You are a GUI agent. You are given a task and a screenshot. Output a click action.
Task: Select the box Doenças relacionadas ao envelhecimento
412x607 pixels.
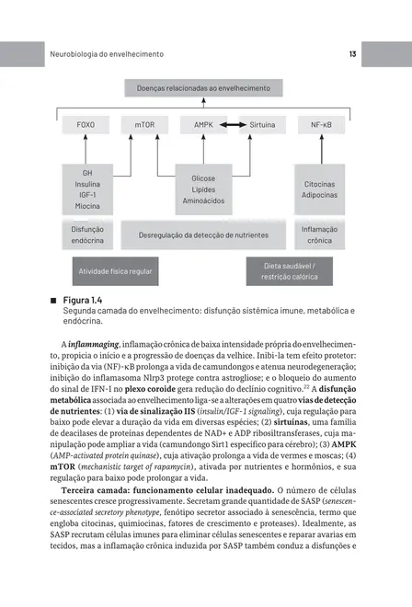click(203, 88)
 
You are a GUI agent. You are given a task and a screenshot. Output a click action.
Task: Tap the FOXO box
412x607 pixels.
click(87, 123)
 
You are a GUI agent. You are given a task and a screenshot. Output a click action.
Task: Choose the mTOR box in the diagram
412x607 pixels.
click(145, 123)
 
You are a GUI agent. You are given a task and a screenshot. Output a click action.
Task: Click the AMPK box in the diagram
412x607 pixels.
click(203, 123)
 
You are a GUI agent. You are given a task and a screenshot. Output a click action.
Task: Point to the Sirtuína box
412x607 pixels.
click(262, 123)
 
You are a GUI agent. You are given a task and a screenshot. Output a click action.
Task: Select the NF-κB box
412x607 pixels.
click(321, 123)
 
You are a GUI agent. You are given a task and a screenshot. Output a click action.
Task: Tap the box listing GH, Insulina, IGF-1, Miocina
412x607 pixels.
click(87, 189)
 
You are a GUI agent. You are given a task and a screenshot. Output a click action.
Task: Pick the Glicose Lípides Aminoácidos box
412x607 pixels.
click(203, 189)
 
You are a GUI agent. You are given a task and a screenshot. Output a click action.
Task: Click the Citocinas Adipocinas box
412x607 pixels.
click(320, 189)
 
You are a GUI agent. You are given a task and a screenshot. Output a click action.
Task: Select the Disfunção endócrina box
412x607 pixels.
click(87, 235)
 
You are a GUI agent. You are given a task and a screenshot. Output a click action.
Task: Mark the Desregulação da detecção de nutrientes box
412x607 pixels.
click(203, 235)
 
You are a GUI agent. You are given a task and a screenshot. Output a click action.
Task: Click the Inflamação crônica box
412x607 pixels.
click(320, 235)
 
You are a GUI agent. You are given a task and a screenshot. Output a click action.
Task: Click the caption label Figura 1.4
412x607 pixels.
click(76, 301)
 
